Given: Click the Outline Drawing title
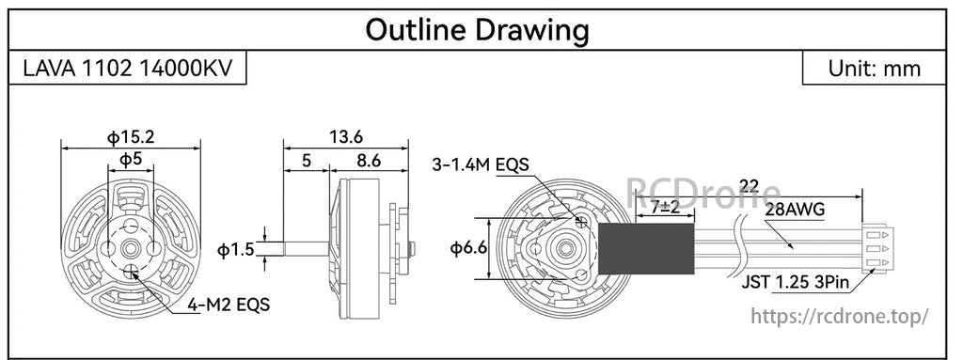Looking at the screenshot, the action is tap(477, 29).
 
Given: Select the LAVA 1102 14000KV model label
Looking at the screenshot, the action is tap(128, 69).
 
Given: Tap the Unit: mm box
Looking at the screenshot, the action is tap(874, 69).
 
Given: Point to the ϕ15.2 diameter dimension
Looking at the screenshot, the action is tap(131, 137).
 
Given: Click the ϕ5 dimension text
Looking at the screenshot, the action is tap(130, 160).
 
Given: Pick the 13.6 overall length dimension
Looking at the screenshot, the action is tap(346, 137).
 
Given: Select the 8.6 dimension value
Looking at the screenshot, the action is tap(369, 161).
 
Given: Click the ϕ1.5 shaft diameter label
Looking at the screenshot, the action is tap(234, 251).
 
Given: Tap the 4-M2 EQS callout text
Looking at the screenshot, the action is tap(229, 305).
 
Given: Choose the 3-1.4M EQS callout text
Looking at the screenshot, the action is tap(481, 164).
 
